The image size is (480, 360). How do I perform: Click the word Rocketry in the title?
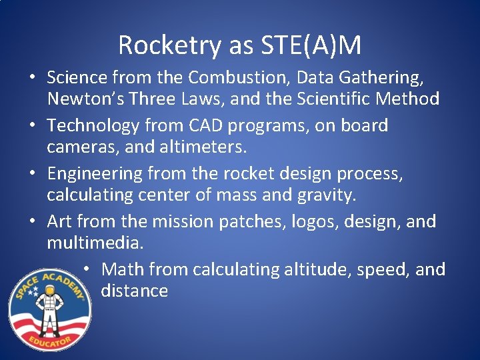tap(170, 45)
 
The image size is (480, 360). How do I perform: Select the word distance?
tap(134, 291)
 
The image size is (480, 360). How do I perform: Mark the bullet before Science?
tap(32, 78)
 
